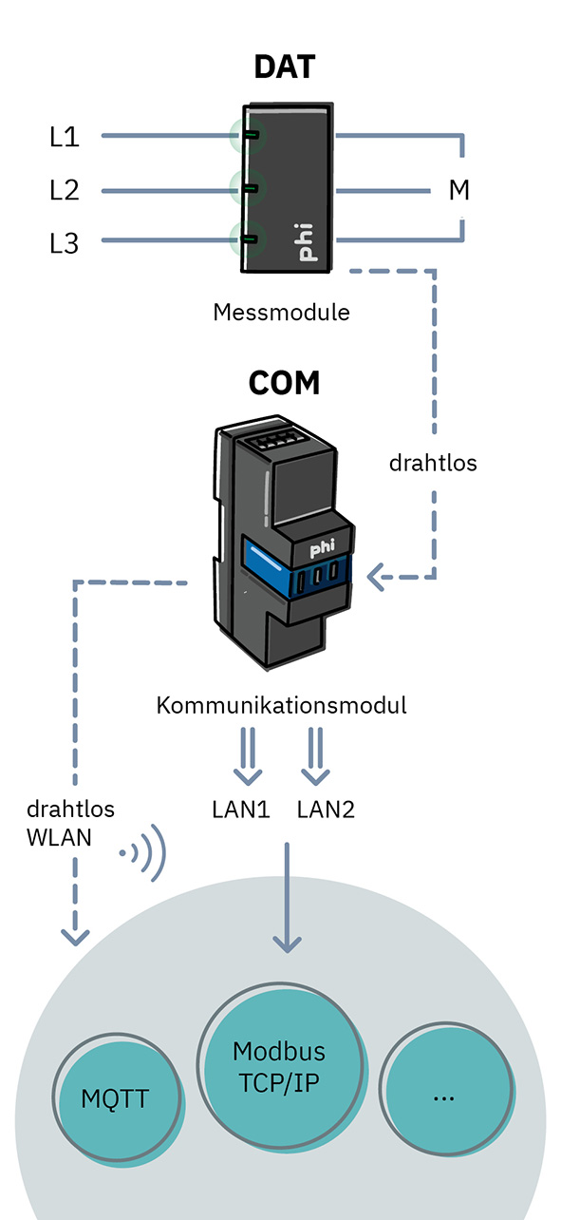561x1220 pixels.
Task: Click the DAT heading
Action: coord(285,67)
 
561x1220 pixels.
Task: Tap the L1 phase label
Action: coord(65,137)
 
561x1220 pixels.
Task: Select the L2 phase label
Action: coord(65,190)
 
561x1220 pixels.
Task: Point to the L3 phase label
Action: coord(65,243)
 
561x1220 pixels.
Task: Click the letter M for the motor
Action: coord(458,190)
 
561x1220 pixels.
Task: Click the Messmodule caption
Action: coord(281,313)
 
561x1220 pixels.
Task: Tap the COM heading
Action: coord(284,382)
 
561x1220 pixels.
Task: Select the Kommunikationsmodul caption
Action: coord(281,705)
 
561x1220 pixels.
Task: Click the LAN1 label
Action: coord(240,810)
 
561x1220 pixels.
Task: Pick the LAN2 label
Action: coord(326,810)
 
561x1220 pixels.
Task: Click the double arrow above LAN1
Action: coord(248,756)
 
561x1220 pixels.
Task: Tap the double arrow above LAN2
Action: coord(315,756)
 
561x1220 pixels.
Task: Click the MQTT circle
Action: coord(117,1098)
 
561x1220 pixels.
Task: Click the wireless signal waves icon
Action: coord(142,852)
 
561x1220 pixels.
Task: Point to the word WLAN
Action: coord(59,838)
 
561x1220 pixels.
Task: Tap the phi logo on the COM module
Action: coord(322,549)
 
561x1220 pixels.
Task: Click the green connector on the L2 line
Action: coord(251,188)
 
